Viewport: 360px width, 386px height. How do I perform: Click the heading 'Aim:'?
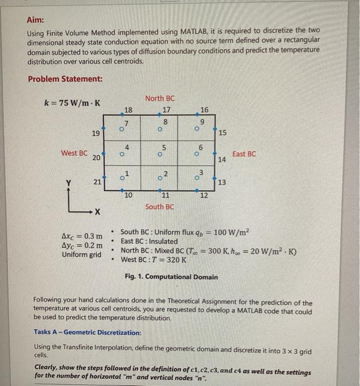tap(36, 20)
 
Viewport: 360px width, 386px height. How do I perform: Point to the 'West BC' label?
tap(73, 153)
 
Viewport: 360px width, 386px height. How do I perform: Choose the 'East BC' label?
tap(244, 154)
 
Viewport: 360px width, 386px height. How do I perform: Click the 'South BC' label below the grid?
tap(159, 207)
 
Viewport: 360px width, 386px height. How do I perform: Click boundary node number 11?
tap(165, 196)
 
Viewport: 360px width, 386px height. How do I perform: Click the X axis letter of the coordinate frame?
tap(96, 212)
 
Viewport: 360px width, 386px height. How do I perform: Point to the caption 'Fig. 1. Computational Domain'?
tap(171, 277)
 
